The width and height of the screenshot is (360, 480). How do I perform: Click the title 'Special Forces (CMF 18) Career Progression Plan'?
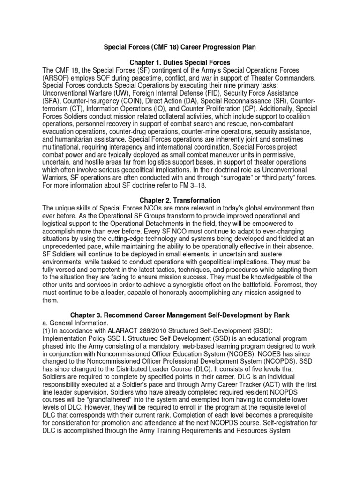[x=180, y=48]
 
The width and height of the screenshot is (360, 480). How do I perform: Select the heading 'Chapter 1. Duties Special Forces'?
[x=180, y=63]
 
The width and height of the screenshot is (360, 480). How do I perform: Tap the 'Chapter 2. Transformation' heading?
[x=180, y=201]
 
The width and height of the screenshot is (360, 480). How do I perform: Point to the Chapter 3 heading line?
[x=180, y=315]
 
